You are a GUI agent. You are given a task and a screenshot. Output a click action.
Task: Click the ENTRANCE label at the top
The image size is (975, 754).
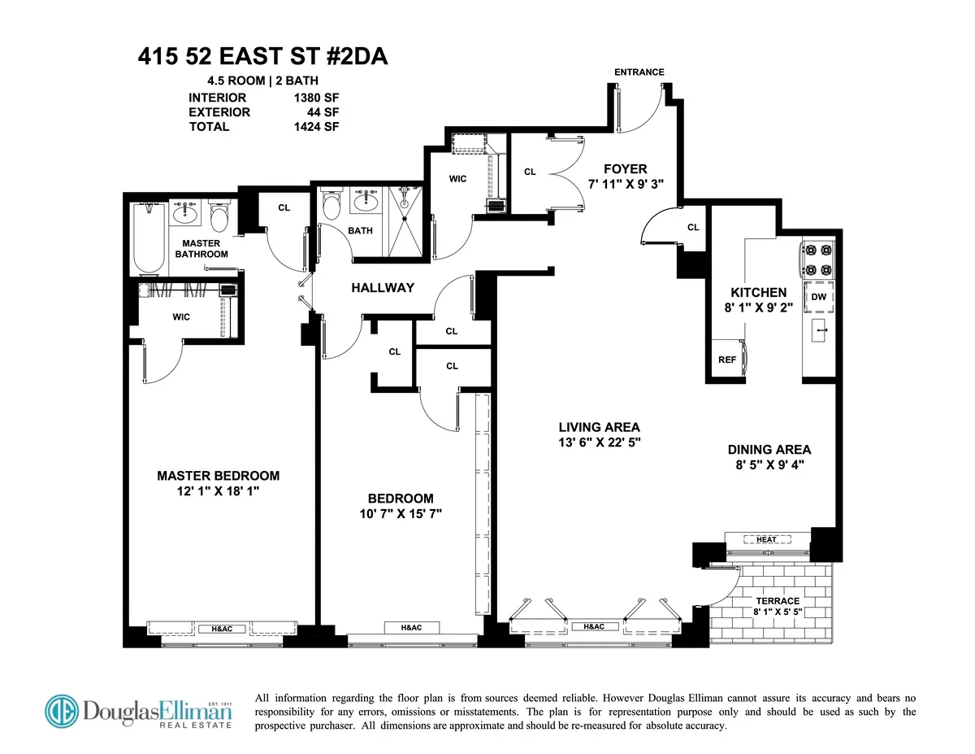tap(639, 72)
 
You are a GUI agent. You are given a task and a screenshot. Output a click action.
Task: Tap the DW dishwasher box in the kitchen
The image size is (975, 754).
tap(818, 297)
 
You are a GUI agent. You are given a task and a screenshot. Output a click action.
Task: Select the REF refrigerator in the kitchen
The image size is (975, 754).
tap(727, 359)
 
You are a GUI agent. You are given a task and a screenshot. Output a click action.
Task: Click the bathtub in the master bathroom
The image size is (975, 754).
tap(149, 238)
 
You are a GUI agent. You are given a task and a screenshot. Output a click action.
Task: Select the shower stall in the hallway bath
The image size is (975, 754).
tap(405, 220)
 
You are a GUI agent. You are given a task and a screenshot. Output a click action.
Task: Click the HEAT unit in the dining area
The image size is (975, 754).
tap(766, 539)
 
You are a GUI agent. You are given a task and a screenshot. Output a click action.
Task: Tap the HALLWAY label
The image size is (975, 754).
tap(383, 288)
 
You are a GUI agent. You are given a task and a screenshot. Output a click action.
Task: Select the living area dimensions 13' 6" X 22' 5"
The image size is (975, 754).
tap(599, 443)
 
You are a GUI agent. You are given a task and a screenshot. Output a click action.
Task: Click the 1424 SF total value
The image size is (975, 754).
tap(316, 126)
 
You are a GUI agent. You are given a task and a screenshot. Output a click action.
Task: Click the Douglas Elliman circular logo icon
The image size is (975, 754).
tap(62, 711)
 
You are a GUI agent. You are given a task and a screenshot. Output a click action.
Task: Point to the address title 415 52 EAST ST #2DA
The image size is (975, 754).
tap(263, 58)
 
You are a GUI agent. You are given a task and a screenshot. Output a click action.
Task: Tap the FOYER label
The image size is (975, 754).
tap(626, 169)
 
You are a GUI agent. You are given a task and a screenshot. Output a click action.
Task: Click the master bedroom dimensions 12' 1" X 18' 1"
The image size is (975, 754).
tap(218, 492)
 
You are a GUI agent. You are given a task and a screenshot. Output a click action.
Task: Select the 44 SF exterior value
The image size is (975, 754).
tap(323, 112)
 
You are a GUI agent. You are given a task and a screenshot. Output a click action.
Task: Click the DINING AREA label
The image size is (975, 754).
tap(769, 449)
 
